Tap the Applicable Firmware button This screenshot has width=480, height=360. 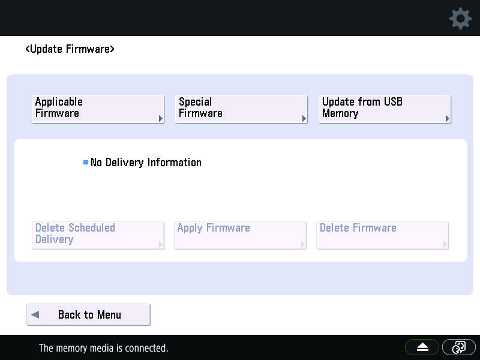(x=98, y=109)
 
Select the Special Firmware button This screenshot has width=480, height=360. (x=241, y=109)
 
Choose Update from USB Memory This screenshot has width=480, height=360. (x=385, y=109)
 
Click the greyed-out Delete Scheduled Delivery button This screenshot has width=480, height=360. (x=98, y=235)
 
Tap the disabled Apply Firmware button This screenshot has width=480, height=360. (x=241, y=235)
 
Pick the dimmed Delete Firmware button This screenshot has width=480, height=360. (x=383, y=235)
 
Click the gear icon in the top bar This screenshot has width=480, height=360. (x=460, y=19)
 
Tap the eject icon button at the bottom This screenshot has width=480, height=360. (x=422, y=347)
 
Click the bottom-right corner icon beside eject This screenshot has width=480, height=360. (x=459, y=347)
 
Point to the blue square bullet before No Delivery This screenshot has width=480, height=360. (x=85, y=162)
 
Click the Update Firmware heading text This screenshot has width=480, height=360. (x=70, y=49)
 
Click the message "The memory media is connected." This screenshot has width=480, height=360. (x=103, y=348)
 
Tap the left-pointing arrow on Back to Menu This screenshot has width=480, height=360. (x=35, y=314)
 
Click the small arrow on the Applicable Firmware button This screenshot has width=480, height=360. (x=161, y=118)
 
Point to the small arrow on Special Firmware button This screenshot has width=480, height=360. (x=304, y=118)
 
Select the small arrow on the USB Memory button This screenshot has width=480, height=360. (x=448, y=118)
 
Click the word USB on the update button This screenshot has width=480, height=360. (x=393, y=101)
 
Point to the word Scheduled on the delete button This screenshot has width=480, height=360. (x=92, y=228)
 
